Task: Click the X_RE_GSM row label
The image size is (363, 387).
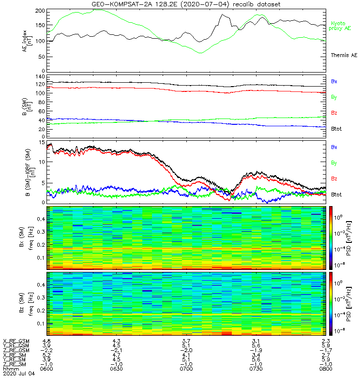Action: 16,341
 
